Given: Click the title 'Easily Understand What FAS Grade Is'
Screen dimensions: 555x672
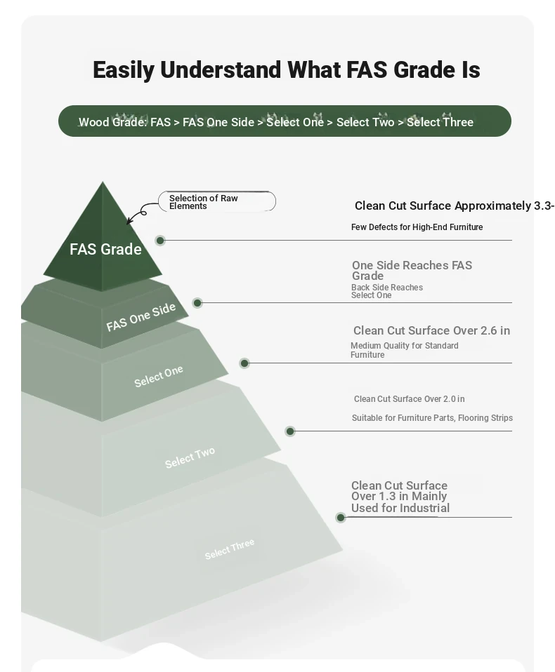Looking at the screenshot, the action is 287,70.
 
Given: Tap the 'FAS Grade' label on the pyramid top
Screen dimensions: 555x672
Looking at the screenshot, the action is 105,249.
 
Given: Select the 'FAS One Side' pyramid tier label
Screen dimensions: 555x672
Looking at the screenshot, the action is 141,317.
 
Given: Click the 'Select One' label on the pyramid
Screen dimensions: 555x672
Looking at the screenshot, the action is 158,376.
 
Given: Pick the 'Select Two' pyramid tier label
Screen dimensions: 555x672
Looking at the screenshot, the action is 190,458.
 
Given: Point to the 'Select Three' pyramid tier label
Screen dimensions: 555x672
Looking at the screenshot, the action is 229,549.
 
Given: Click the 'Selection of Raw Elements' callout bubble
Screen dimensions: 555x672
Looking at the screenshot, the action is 217,201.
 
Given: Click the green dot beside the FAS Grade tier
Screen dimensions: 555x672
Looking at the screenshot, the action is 160,241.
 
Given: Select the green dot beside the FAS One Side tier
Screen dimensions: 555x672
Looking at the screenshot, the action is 197,303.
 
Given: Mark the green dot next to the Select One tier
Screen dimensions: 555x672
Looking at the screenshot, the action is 244,363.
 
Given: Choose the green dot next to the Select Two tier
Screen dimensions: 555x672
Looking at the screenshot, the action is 290,431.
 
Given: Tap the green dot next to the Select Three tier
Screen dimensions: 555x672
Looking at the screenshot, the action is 341,517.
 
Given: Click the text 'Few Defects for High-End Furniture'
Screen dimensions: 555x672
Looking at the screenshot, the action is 417,227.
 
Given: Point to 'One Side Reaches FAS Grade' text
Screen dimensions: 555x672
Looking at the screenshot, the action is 412,271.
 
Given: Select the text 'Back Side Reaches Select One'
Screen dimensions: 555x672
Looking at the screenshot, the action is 386,291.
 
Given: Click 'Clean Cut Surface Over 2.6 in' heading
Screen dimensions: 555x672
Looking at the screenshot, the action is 431,330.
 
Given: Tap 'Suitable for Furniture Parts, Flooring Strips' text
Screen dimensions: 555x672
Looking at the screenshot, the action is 432,418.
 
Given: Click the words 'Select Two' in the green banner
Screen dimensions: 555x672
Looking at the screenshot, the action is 365,122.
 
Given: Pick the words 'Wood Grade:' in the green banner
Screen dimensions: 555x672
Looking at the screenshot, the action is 113,122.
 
